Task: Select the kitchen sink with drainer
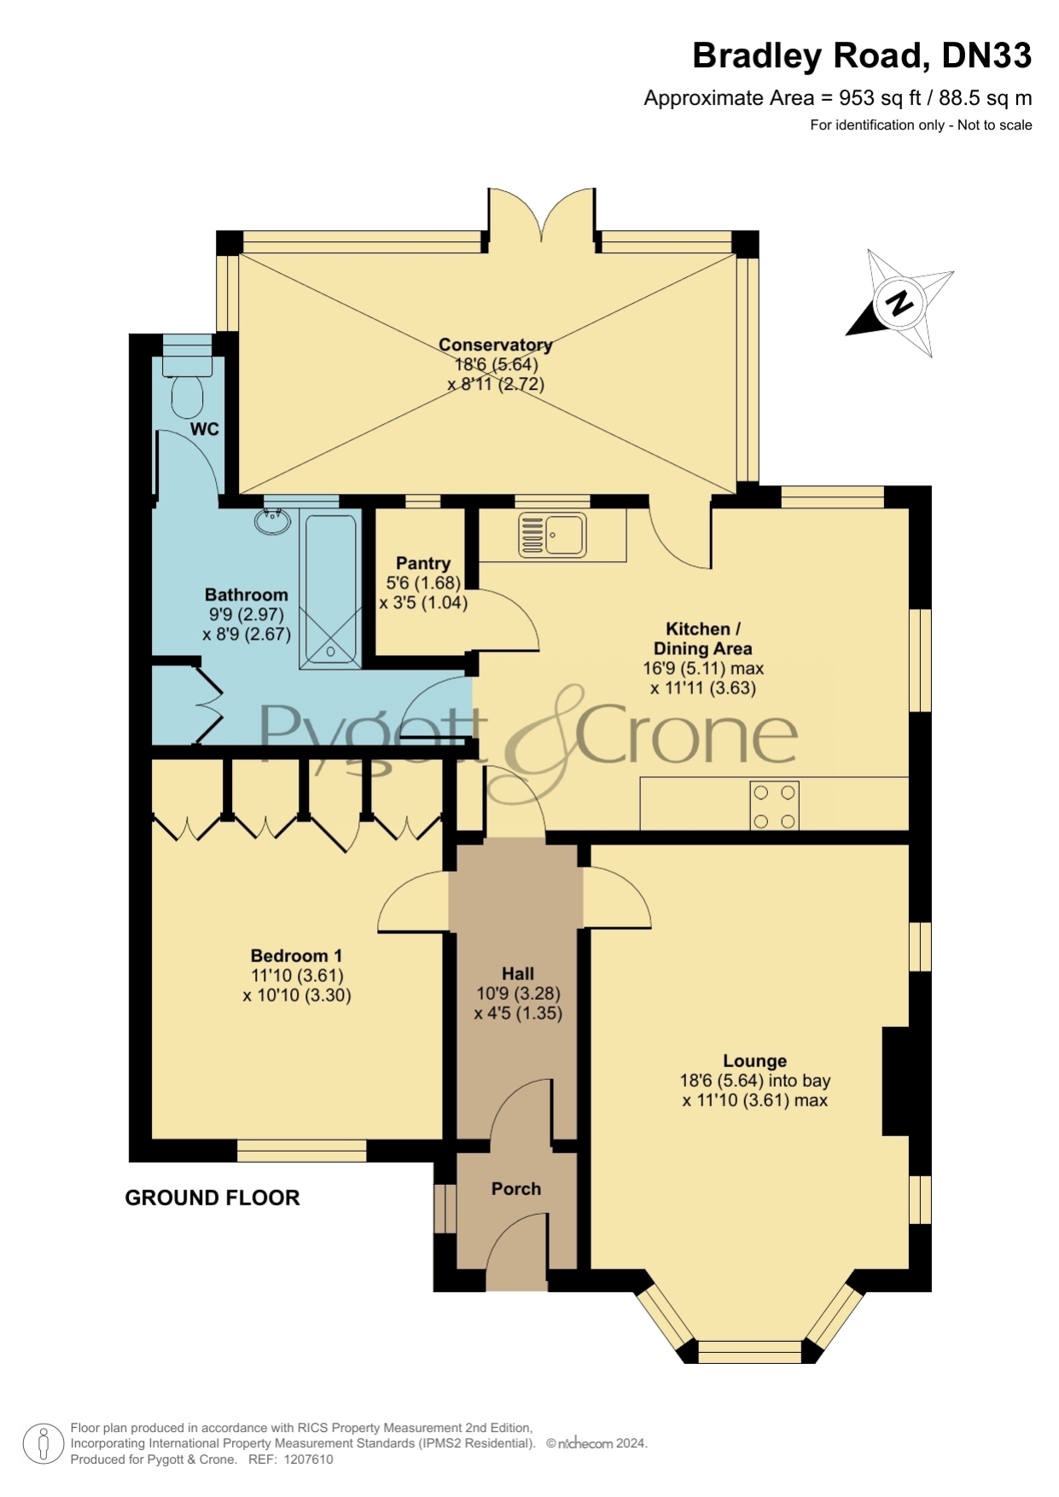pos(552,534)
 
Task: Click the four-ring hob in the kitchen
pos(775,806)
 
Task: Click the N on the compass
pos(899,304)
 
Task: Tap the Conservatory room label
pos(496,345)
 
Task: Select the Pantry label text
pos(423,563)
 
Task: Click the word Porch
pos(516,1188)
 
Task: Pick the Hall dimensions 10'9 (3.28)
pos(518,994)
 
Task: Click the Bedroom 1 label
pos(296,955)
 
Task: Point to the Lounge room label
pos(755,1061)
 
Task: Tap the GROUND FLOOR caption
pos(212,1198)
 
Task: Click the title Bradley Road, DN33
pos(862,55)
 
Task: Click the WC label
pos(205,429)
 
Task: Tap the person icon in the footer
pos(43,1444)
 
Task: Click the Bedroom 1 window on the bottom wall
pos(302,1150)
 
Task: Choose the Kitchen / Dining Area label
pos(703,639)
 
